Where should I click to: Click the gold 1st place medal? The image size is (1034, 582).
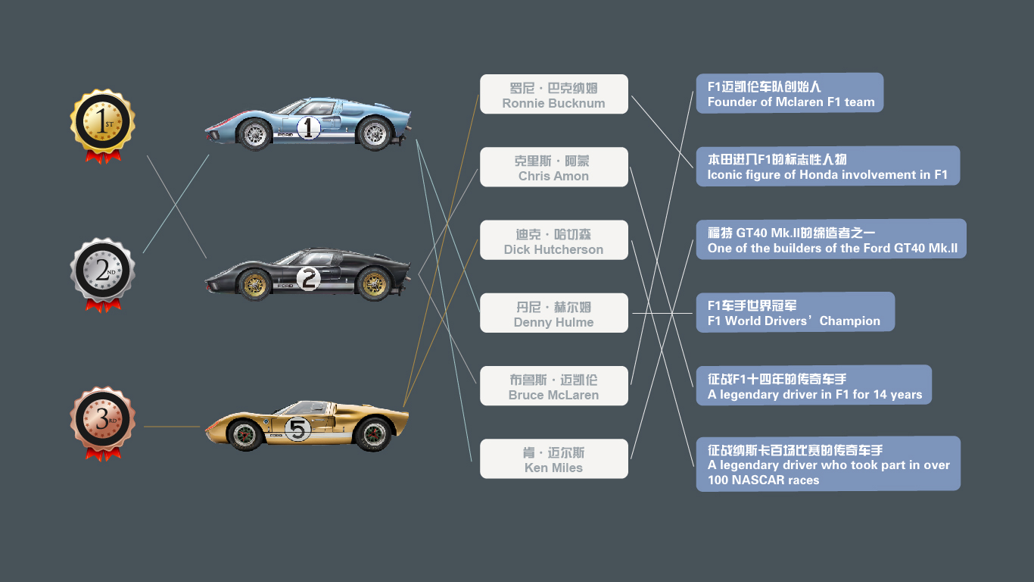[103, 121]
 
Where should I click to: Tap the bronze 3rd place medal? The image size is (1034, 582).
[103, 419]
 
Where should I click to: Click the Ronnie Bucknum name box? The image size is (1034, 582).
[553, 95]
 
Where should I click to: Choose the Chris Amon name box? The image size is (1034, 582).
[553, 167]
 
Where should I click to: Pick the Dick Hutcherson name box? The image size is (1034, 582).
[553, 240]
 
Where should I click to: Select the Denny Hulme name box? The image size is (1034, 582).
[553, 313]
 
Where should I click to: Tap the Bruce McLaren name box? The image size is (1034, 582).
[553, 386]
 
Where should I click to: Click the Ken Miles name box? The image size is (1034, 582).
[553, 458]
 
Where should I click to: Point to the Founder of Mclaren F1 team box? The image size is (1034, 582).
[790, 93]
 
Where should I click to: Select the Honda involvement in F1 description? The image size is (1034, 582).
[827, 166]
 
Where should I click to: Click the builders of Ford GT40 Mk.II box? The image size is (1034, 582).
[831, 239]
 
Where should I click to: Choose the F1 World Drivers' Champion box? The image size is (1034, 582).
[795, 312]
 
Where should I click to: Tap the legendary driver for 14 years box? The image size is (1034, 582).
[814, 385]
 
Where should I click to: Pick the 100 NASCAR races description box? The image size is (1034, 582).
[828, 464]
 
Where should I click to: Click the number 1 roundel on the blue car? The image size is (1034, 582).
[308, 127]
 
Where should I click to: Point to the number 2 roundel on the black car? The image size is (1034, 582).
[308, 279]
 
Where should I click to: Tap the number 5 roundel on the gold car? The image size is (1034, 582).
[297, 430]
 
